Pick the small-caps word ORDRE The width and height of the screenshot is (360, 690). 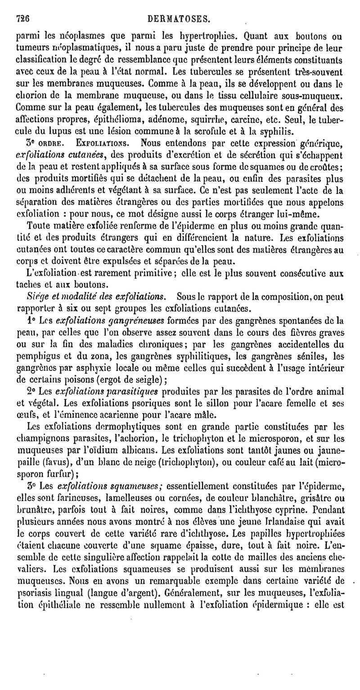tap(51, 144)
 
